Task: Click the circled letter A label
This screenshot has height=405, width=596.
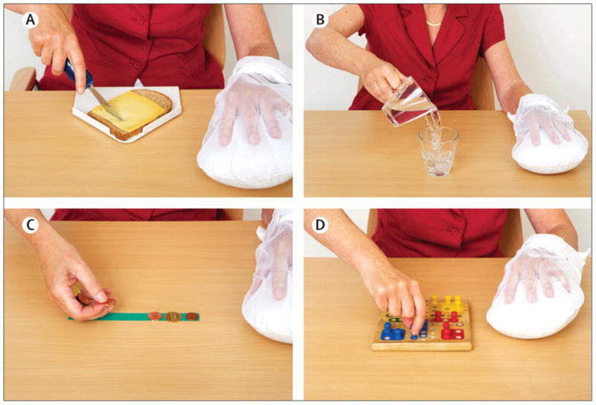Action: coord(31,20)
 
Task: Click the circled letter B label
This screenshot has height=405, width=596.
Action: coord(320,20)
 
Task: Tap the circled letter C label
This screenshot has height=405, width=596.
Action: coord(31,225)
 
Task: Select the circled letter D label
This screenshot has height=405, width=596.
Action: coord(320,225)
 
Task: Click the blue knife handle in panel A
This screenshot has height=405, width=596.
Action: coord(79,74)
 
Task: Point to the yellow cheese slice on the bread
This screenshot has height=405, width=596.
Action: coord(128,111)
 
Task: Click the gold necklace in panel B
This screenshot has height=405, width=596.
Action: coord(434,24)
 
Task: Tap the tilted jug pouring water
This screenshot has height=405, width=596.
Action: coord(409,102)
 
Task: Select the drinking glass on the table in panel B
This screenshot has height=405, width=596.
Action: coord(437,152)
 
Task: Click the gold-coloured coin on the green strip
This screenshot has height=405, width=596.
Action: coord(173,317)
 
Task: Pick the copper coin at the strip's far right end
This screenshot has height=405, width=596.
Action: coord(192,316)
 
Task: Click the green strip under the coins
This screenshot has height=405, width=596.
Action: coord(134,317)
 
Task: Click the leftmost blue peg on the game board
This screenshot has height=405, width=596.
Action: coord(387,329)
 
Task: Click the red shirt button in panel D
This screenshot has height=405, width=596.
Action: coord(453,231)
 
